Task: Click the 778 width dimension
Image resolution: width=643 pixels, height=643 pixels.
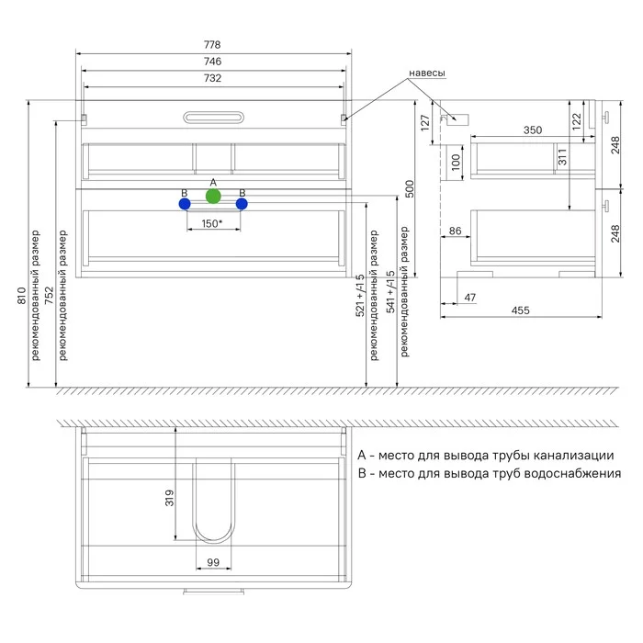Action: [x=212, y=45]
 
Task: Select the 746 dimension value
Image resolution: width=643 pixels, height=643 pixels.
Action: [x=212, y=62]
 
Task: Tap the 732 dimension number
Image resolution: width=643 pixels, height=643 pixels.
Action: [x=212, y=78]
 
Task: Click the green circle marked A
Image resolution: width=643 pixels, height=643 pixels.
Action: [x=213, y=197]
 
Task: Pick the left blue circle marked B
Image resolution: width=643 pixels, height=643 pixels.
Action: [x=185, y=203]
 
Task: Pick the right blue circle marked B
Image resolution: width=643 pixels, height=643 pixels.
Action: [x=242, y=203]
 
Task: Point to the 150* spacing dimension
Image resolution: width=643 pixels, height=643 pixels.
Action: [x=212, y=223]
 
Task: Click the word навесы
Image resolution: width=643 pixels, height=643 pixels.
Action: [x=428, y=73]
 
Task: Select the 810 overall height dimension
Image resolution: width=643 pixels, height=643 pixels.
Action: [x=21, y=296]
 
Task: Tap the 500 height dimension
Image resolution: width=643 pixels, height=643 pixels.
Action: [x=410, y=188]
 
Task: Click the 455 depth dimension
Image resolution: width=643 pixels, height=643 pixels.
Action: [x=520, y=310]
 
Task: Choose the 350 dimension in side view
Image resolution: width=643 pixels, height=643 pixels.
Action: [x=532, y=130]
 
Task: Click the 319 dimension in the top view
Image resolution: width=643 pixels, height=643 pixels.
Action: [x=169, y=499]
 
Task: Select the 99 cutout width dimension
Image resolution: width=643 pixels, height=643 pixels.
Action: [x=212, y=562]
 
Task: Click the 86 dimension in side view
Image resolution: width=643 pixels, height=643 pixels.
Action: [x=455, y=231]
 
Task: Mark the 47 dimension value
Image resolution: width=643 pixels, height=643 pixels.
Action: [x=470, y=298]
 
